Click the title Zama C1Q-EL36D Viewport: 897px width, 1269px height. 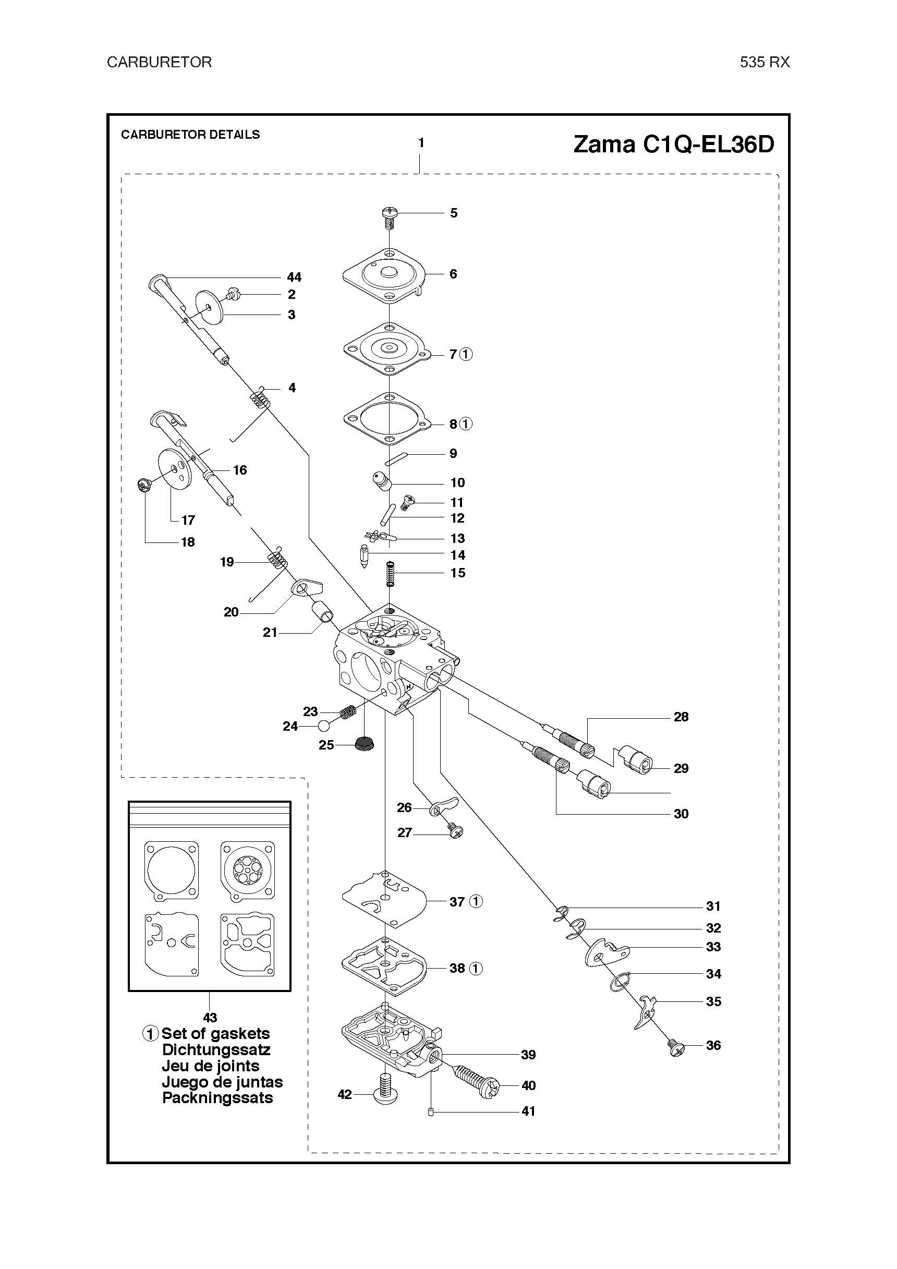click(x=673, y=144)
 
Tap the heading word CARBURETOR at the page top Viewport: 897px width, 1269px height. click(x=159, y=62)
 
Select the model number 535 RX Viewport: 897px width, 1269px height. click(x=765, y=62)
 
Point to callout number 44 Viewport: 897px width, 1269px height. click(x=294, y=277)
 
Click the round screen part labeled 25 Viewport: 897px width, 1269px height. click(x=362, y=744)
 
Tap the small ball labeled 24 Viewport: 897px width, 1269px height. click(x=324, y=726)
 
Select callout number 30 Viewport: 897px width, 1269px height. click(x=681, y=814)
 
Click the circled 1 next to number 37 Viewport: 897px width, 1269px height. click(x=476, y=901)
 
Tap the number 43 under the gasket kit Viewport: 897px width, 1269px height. click(x=210, y=1018)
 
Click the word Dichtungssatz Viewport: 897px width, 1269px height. click(x=216, y=1049)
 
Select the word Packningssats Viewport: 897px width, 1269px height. click(x=217, y=1098)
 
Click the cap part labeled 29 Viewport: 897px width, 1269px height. click(x=636, y=759)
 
